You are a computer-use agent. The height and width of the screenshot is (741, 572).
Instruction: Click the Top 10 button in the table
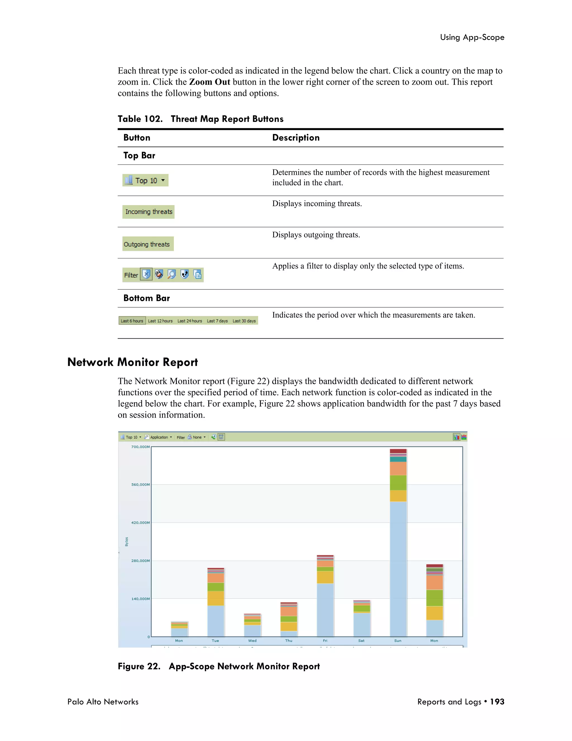[x=145, y=180]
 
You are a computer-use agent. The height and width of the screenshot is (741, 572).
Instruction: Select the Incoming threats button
[x=148, y=212]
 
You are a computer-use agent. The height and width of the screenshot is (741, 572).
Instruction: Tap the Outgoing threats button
[x=148, y=244]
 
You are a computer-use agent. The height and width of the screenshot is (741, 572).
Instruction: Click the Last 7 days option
[x=217, y=321]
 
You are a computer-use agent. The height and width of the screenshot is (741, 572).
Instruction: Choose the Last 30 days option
[x=244, y=321]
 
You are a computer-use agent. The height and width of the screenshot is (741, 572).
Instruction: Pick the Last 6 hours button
[x=132, y=321]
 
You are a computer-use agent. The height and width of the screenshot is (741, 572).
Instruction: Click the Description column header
[x=296, y=138]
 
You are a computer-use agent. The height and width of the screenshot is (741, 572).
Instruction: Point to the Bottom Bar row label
[x=146, y=298]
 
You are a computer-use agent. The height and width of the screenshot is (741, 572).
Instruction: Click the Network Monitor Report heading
[x=132, y=362]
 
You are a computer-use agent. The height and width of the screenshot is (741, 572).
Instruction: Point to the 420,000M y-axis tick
[x=140, y=523]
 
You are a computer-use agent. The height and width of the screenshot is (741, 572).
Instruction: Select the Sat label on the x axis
[x=361, y=641]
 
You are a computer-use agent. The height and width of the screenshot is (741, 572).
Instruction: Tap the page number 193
[x=497, y=702]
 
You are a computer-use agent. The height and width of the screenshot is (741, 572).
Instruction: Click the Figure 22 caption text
[x=219, y=666]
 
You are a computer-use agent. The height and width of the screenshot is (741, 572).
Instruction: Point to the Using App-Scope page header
[x=472, y=37]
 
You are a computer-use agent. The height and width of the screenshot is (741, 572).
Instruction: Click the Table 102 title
[x=200, y=119]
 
